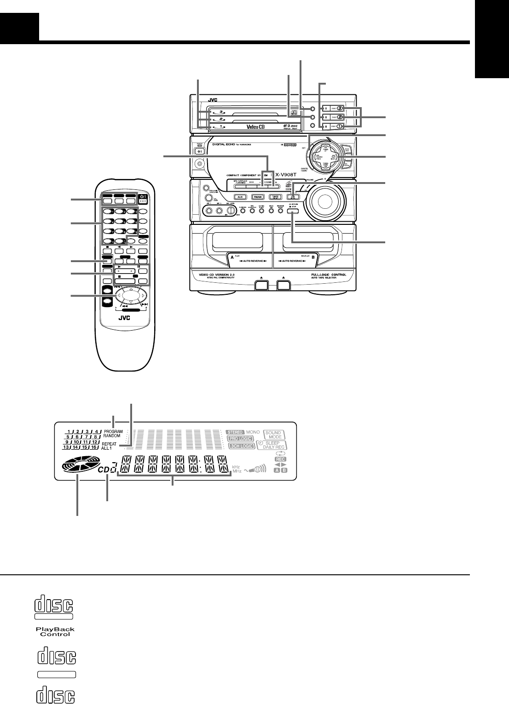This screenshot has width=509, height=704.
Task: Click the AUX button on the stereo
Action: pos(240,196)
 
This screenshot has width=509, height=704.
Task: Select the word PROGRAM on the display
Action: pos(113,432)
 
